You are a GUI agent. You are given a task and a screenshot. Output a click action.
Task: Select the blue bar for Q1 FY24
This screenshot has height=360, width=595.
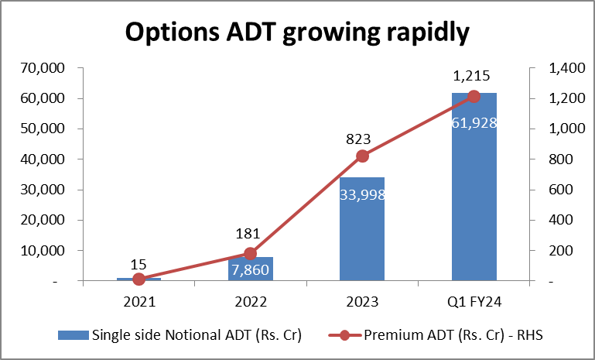[x=474, y=209]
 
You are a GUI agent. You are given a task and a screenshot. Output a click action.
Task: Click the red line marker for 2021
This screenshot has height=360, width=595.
[x=138, y=279]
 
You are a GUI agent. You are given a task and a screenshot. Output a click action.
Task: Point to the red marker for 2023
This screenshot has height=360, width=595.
[x=362, y=156]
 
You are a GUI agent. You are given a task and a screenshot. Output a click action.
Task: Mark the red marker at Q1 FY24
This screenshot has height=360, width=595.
[x=474, y=96]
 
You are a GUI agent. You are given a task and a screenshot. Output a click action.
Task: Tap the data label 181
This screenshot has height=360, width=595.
[x=249, y=235]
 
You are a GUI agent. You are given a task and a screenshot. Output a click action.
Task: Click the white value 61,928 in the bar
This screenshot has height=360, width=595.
[x=474, y=122]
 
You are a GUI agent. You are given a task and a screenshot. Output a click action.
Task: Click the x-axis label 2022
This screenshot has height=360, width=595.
[x=250, y=301]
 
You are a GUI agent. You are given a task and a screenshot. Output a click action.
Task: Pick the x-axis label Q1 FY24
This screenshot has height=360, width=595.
[x=474, y=301]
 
